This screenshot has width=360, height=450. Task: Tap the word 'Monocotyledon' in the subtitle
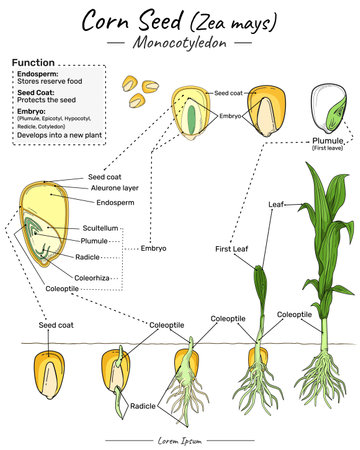tap(180, 44)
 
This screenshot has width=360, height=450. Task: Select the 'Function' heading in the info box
tap(33, 63)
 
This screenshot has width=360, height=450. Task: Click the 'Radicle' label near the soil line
tap(143, 406)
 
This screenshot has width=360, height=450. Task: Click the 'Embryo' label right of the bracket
tap(155, 247)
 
